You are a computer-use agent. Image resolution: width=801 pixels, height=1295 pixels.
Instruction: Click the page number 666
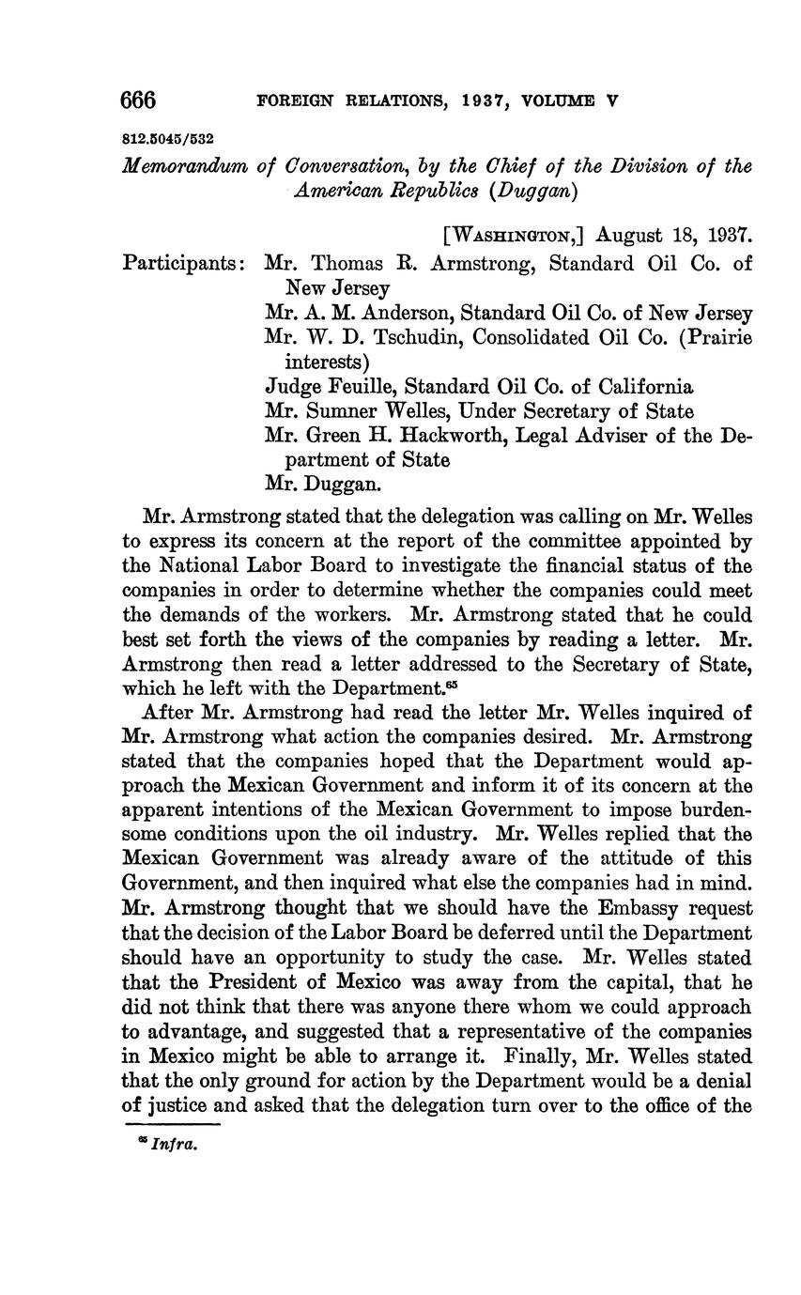pos(138,100)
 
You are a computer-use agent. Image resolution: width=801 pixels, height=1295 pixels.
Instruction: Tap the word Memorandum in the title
pos(181,166)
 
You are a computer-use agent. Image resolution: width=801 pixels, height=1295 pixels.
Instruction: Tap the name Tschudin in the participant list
pos(409,337)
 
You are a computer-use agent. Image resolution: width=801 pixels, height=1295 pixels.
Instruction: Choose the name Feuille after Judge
pos(358,386)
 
